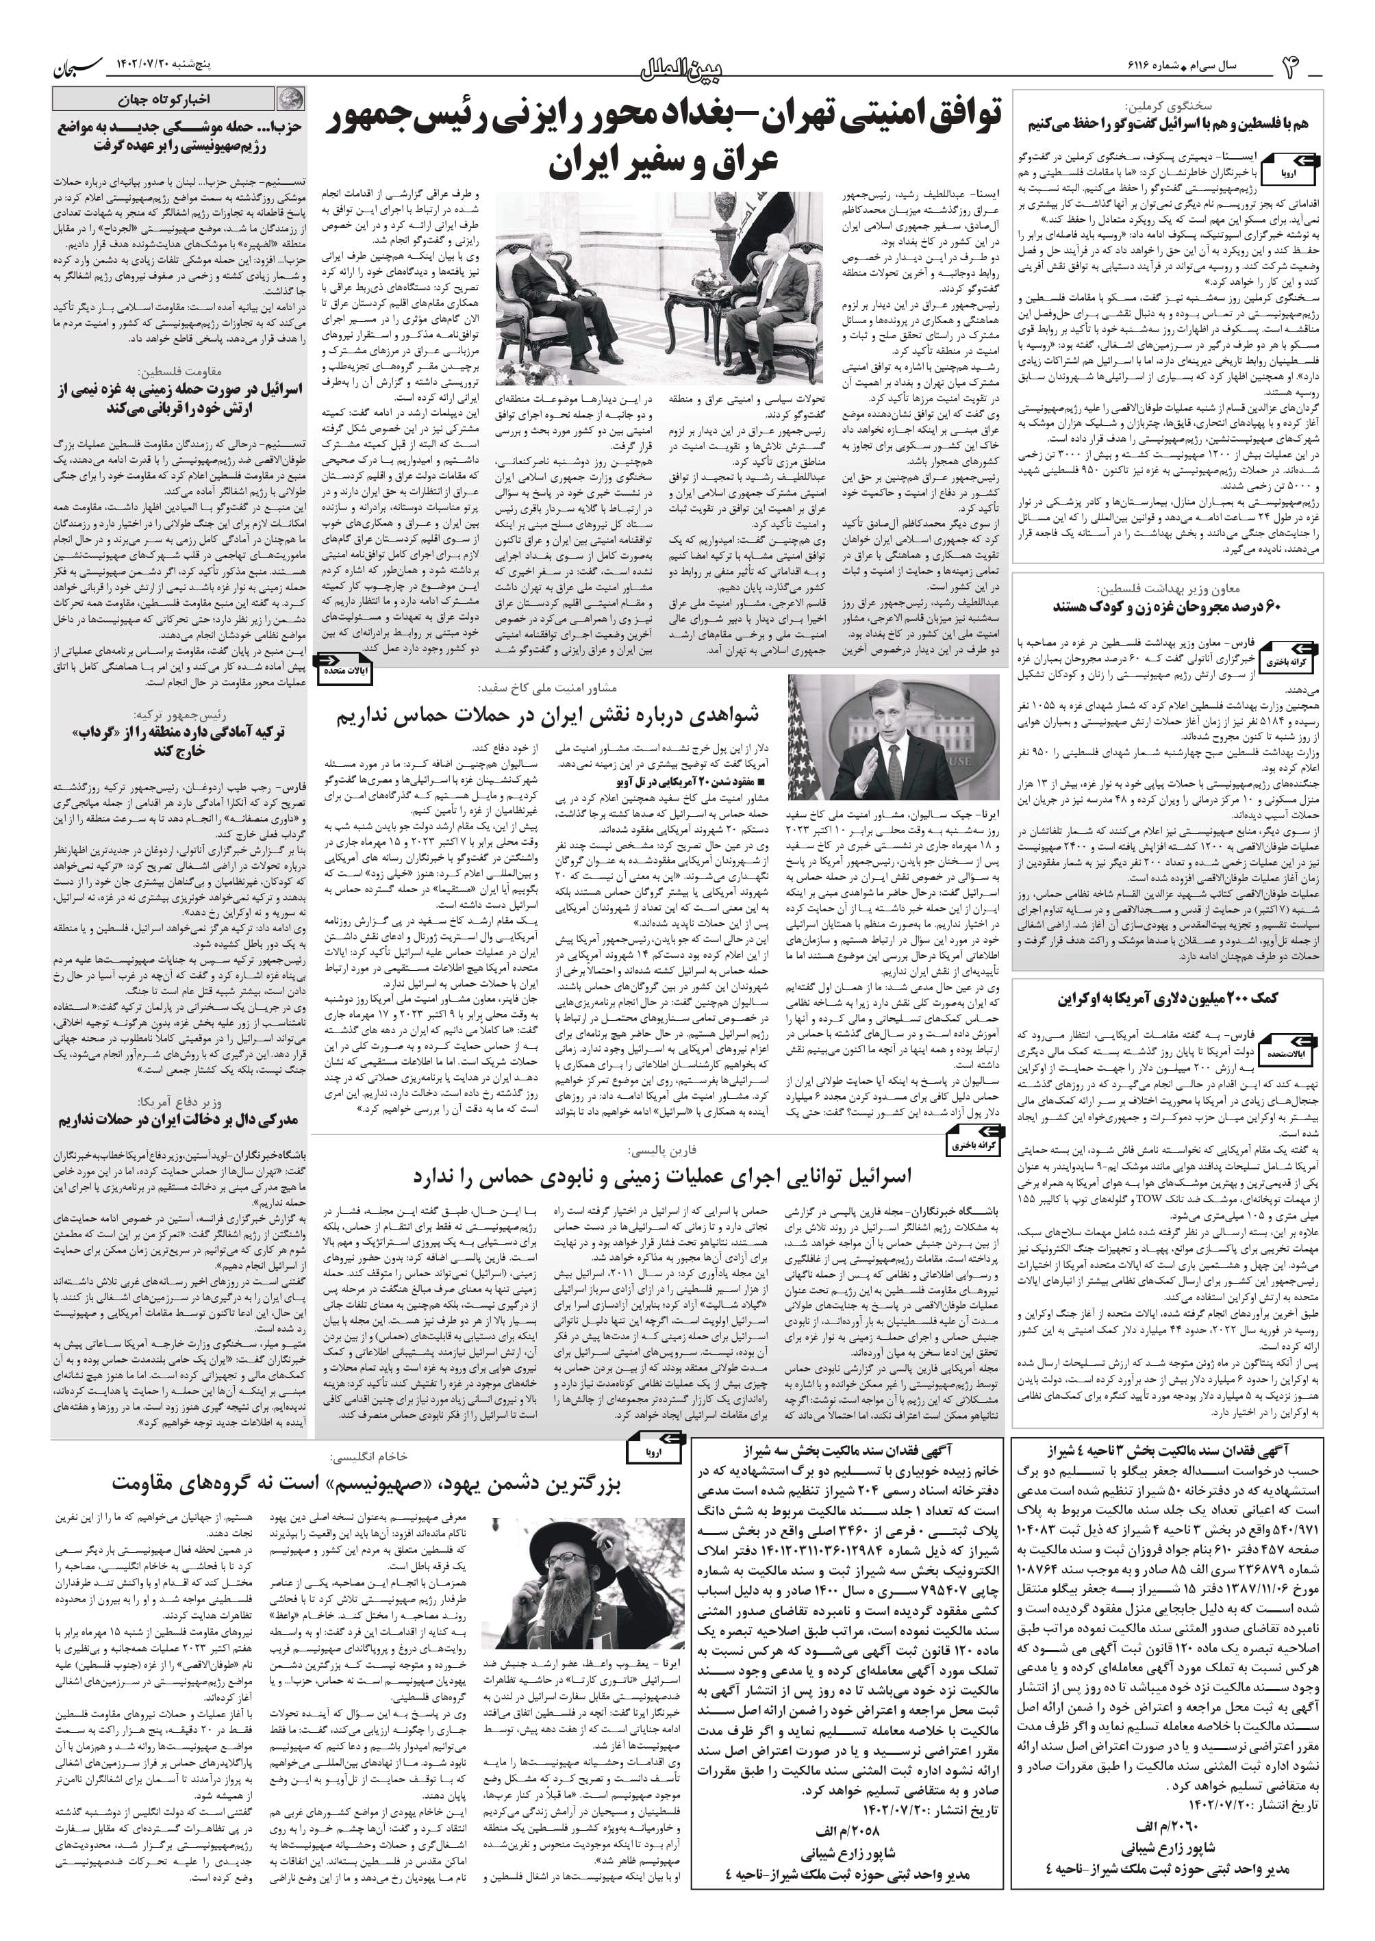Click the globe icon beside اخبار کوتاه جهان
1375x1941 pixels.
pos(290,100)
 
